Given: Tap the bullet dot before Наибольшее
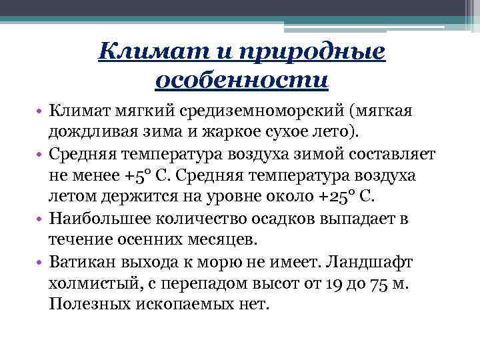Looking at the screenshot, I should [41, 219].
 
